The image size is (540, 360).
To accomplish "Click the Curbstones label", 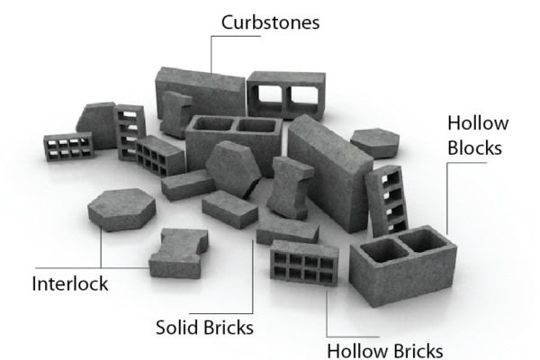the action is tap(270, 22).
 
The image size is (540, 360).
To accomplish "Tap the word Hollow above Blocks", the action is tap(478, 123).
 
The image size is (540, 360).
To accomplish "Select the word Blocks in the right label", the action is tap(474, 148).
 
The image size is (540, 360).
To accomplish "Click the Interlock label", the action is tap(70, 283).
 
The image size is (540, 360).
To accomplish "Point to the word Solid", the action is tap(176, 328).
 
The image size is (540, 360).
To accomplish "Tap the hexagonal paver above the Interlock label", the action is tap(121, 210).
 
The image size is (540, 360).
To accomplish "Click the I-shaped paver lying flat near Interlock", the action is tap(178, 253).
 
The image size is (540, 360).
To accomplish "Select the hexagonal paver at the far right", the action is tap(375, 143).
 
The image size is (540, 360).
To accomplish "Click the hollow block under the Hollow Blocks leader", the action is tap(403, 265).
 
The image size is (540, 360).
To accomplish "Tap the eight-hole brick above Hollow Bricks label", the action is tap(304, 263).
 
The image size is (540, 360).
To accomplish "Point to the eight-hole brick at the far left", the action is tap(69, 147).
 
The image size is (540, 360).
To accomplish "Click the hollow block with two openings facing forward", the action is tap(286, 95).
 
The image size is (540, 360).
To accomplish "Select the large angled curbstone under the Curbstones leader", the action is tap(200, 93).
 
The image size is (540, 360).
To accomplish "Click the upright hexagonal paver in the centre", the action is tap(233, 169).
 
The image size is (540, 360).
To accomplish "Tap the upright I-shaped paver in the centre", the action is tap(290, 188).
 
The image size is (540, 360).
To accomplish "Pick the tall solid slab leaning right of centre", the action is tap(330, 174).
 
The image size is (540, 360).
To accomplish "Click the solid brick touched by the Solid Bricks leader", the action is tap(288, 229).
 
